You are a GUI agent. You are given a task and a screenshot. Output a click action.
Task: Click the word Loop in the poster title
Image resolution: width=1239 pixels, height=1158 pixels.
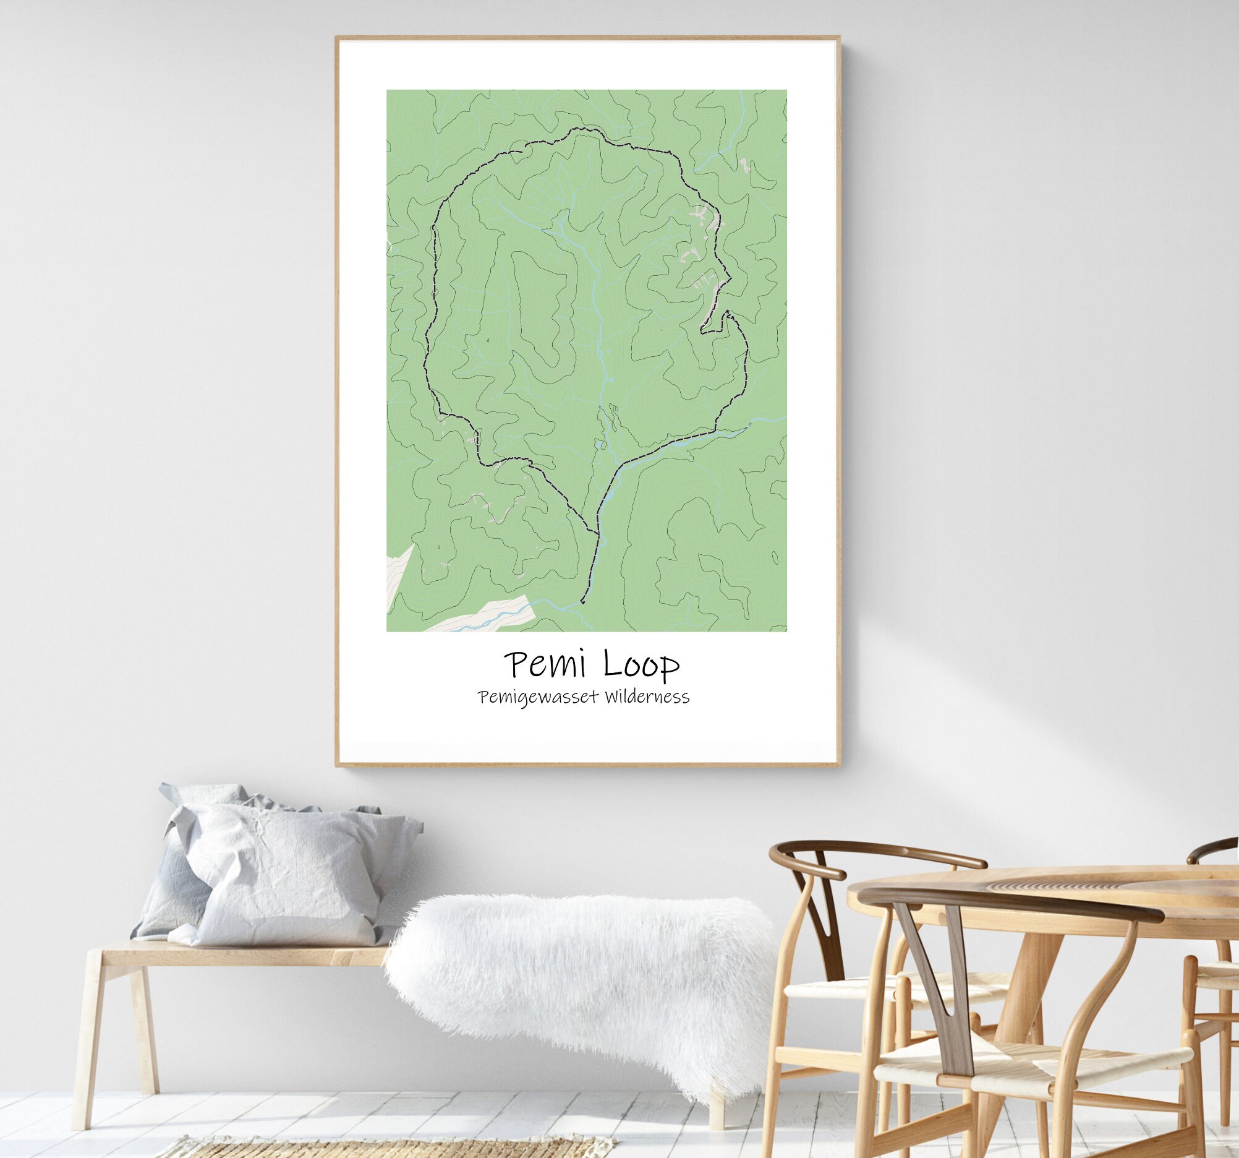(x=640, y=665)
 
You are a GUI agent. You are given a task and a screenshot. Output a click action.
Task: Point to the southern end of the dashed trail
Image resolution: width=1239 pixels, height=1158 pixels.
(x=582, y=603)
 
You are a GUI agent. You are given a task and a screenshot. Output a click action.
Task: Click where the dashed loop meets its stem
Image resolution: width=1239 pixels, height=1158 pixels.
(x=597, y=534)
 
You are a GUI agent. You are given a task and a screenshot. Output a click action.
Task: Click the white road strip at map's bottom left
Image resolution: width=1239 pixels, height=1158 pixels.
(x=486, y=614)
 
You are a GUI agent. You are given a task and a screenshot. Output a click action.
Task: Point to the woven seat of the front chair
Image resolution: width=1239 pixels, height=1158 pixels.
(x=1034, y=1054)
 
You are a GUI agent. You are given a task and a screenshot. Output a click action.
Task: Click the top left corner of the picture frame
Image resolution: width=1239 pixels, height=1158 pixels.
(x=337, y=37)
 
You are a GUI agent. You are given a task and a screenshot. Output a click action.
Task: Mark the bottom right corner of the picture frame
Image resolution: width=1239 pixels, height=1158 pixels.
(x=839, y=765)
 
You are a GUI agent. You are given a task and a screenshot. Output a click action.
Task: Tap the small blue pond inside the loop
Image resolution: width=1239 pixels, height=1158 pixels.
(x=598, y=444)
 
